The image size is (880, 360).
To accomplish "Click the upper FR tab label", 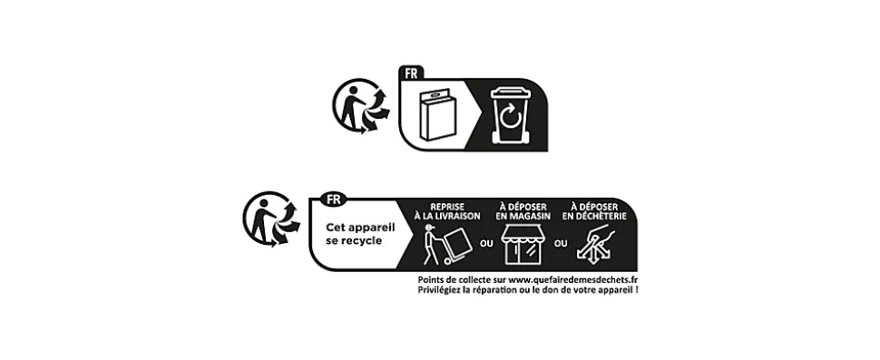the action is point(411,73).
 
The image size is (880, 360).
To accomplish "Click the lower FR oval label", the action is point(333,199).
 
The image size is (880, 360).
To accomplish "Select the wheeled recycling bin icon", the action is point(510,115).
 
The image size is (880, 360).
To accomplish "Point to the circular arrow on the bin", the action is point(510,118).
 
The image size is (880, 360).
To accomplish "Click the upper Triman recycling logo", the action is point(361,106).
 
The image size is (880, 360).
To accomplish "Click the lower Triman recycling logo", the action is point(271,219).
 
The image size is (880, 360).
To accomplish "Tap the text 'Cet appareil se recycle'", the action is point(360,234).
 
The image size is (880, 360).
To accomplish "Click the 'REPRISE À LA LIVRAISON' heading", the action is point(447,211).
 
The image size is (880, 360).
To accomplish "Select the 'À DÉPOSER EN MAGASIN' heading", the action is point(523,211).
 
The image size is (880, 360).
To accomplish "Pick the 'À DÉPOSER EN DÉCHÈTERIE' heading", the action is point(594,211).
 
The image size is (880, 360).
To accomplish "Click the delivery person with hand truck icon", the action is point(447,245).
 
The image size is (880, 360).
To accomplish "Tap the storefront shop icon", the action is point(523,244).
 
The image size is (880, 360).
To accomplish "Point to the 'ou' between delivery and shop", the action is point(486,243).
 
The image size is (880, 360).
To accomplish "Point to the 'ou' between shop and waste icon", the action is point(561,243).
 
